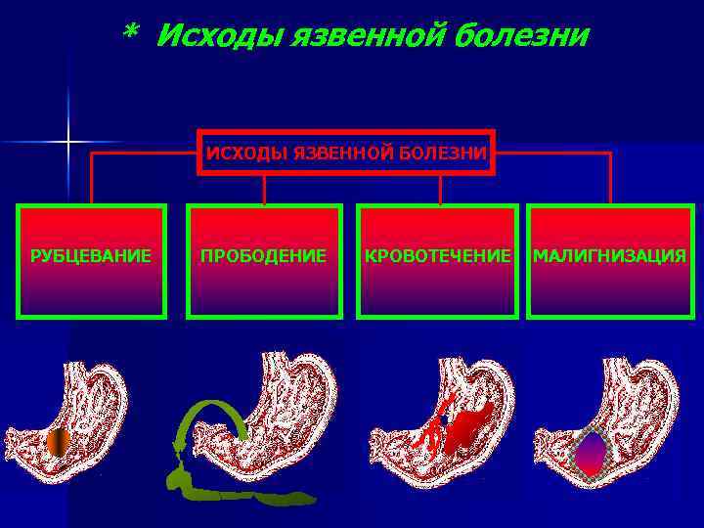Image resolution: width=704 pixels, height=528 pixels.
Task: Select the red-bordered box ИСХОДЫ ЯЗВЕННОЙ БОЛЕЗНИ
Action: pos(346,153)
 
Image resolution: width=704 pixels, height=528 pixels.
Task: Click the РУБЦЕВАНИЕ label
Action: pos(91,256)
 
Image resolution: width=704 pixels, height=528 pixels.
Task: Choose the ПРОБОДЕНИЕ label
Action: pos(264,256)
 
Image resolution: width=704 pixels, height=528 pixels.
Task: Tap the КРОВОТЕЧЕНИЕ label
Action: pos(437,256)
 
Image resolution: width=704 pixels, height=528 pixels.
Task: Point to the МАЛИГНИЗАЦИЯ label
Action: pos(609,256)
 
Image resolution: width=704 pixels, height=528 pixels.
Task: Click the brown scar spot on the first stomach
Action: pos(59,442)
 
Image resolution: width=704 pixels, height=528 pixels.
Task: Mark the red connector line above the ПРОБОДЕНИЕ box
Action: pos(264,190)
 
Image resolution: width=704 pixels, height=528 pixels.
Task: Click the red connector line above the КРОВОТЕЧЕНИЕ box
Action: pos(440,190)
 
